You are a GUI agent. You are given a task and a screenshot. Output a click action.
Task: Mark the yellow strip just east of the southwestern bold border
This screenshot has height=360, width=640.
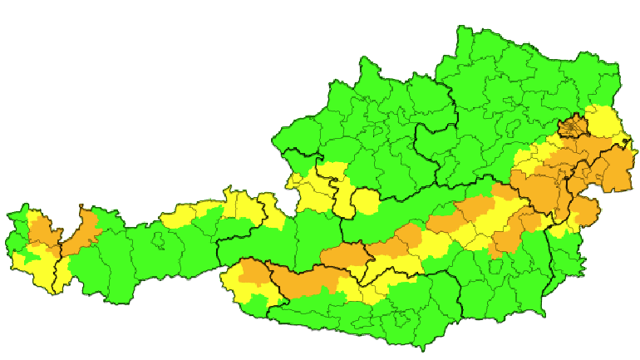pos(62,271)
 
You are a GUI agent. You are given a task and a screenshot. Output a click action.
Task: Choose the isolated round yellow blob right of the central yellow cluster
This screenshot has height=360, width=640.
pos(367,202)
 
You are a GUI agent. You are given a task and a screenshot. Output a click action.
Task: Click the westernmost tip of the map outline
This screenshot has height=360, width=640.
pos(7,218)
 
